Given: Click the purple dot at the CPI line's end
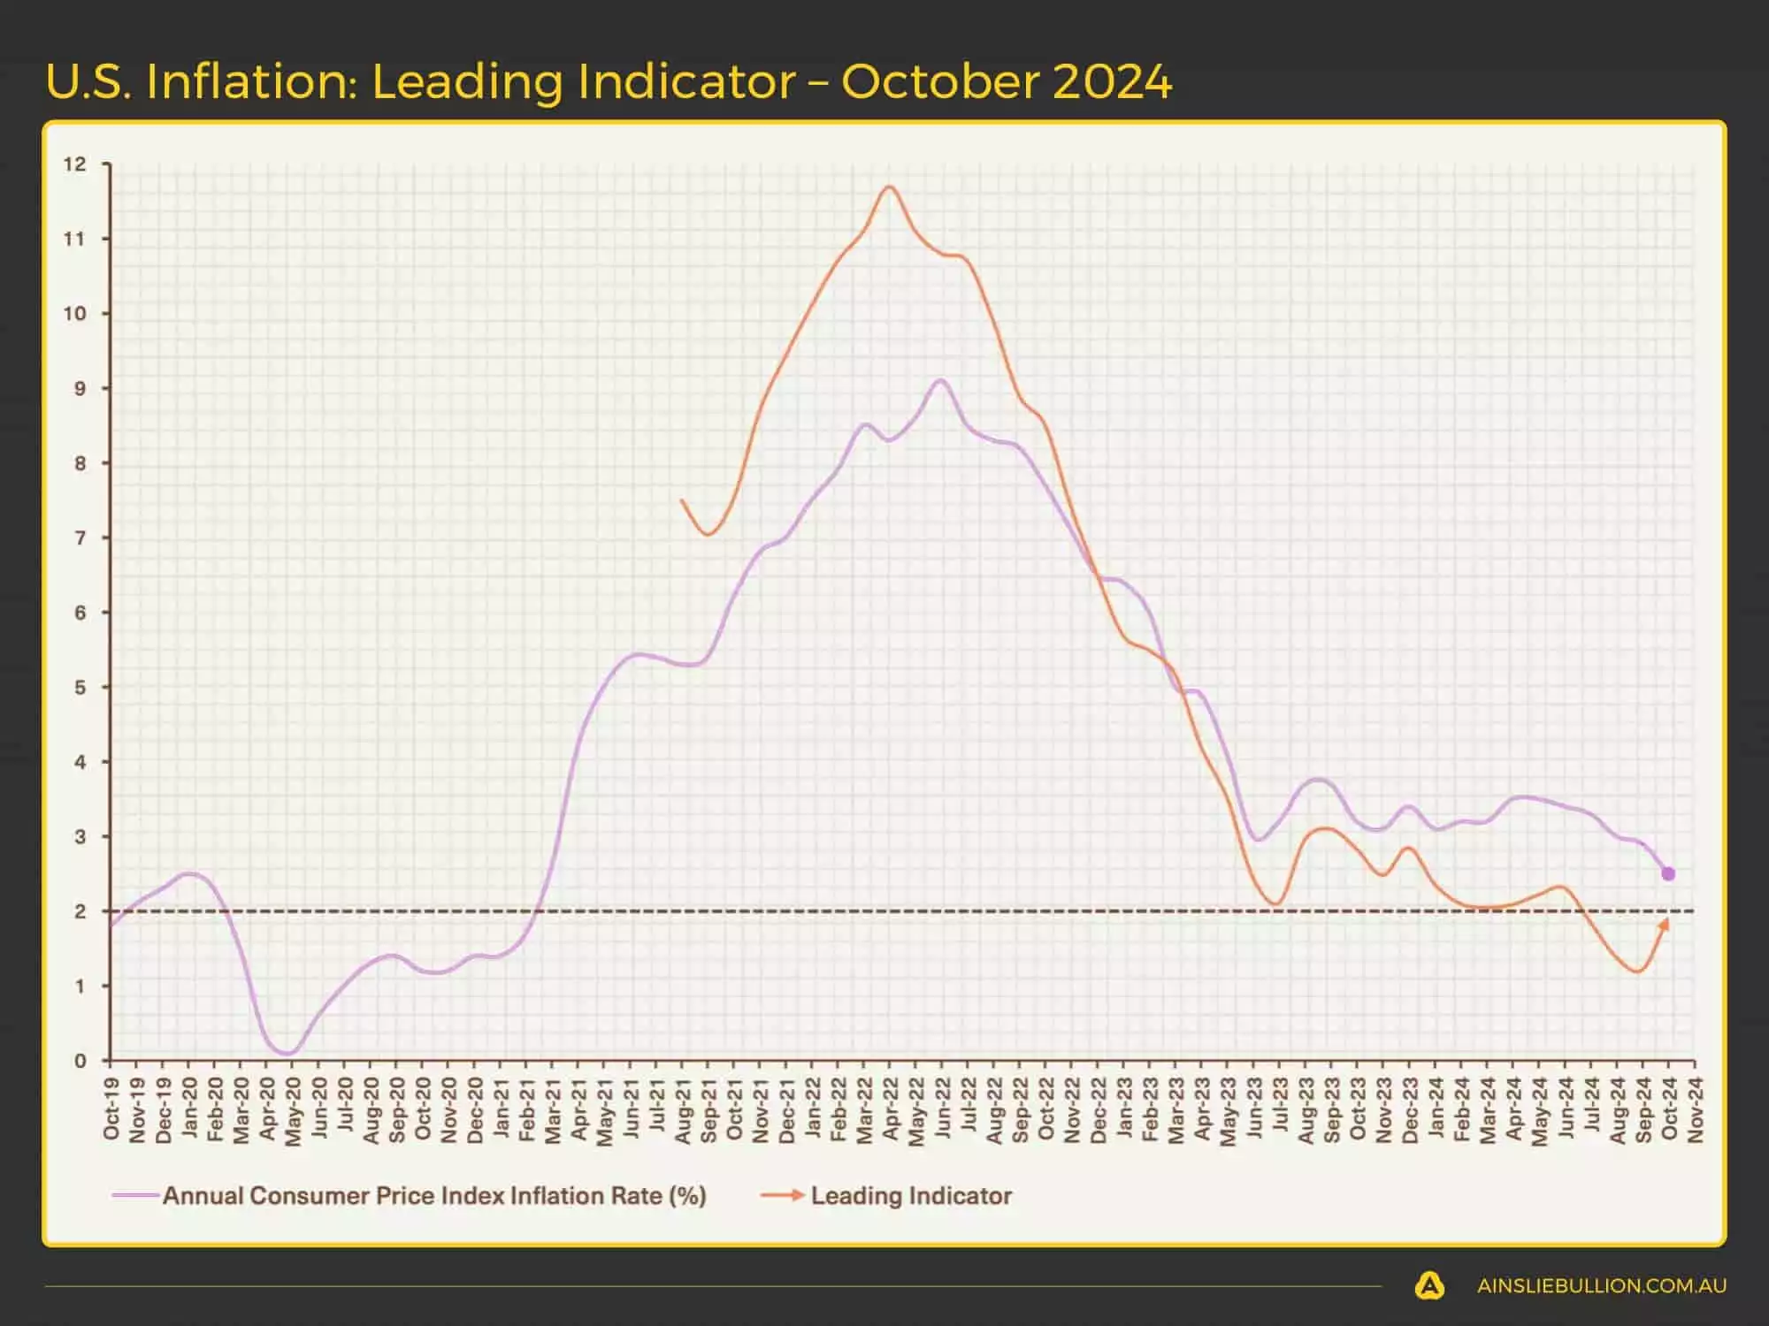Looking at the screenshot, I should (x=1668, y=873).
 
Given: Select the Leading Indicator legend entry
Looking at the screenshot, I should (x=910, y=1196).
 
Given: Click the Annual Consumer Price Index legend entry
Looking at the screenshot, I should (x=433, y=1196).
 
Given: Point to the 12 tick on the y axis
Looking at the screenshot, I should (x=75, y=164).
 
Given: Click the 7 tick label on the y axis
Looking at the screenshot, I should (x=80, y=537).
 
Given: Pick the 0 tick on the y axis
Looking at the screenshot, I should (x=80, y=1060).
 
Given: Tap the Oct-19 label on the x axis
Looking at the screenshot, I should (x=111, y=1109).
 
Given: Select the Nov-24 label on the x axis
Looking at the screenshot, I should (x=1695, y=1110).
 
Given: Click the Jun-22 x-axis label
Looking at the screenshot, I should (x=942, y=1109).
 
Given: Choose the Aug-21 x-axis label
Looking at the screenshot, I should (x=683, y=1110).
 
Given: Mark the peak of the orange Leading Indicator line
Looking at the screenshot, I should (x=889, y=187).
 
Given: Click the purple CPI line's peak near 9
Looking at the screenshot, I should (x=940, y=380).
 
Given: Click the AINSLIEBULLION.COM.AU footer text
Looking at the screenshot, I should (x=1601, y=1286).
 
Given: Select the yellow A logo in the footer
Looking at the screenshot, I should (x=1429, y=1286).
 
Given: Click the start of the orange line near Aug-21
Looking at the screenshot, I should (x=681, y=500).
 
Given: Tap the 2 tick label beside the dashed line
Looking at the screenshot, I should (x=80, y=911).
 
